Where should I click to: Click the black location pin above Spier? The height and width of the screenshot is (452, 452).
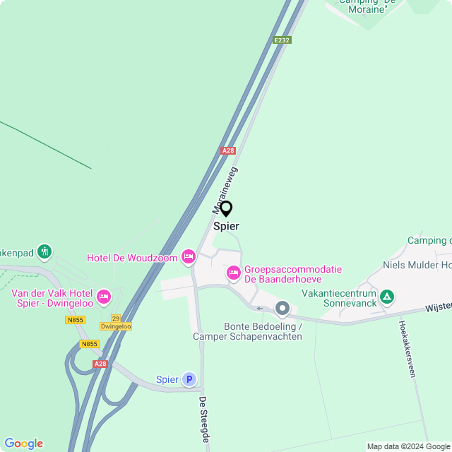pos(226,209)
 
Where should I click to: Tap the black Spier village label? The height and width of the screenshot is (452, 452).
pos(226,227)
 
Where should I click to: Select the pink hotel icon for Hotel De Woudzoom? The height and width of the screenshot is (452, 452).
pos(188,257)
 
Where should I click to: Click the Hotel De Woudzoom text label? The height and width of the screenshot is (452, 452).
pos(132,258)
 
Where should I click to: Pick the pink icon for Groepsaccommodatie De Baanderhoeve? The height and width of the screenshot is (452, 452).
pos(233,273)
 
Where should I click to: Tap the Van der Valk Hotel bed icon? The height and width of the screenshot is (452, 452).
pos(104,297)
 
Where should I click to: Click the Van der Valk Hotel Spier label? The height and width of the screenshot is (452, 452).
pos(52,298)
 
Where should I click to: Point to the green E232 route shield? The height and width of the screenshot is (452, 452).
pos(282,40)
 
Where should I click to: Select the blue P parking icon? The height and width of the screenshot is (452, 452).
pos(189,379)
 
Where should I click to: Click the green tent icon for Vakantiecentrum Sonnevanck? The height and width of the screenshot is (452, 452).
pos(386,297)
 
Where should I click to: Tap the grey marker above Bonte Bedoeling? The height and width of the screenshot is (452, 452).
pos(282,308)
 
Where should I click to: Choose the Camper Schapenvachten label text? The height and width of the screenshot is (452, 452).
pos(247,336)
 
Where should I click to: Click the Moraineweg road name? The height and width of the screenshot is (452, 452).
pos(225,190)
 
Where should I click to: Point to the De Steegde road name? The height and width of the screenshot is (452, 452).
pos(204,420)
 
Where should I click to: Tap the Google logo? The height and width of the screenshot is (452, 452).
pos(23,444)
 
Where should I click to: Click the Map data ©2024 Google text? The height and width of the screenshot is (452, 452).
pos(408,446)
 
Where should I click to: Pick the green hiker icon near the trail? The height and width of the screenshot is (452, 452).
pos(44,251)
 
